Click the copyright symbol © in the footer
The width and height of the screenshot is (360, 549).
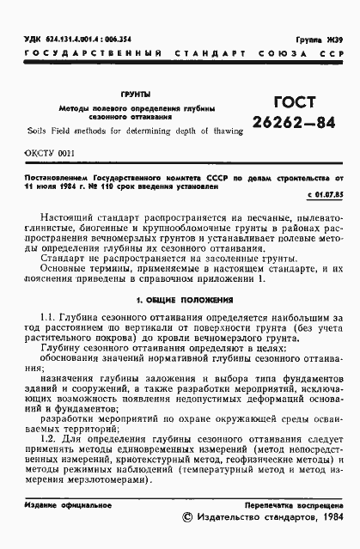tap(190, 519)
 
